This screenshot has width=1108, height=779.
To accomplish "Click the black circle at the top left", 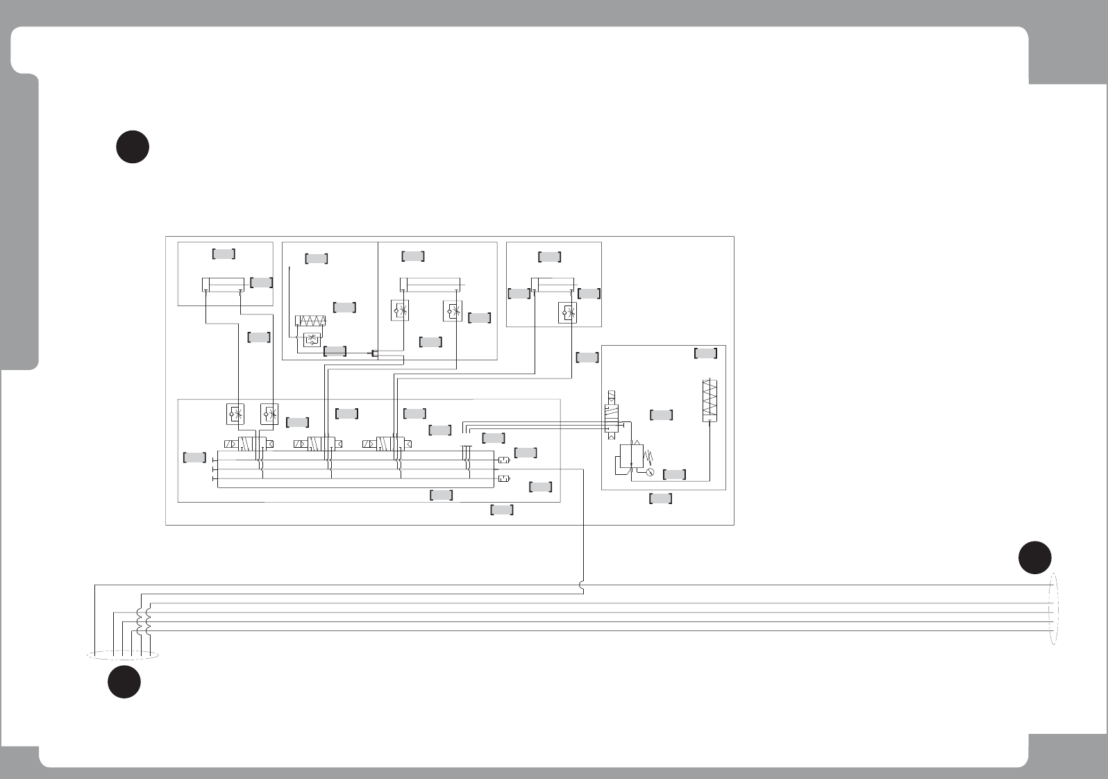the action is pyautogui.click(x=133, y=146).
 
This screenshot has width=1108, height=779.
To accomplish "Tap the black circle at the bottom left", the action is pyautogui.click(x=124, y=682).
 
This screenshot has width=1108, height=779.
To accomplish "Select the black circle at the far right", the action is pyautogui.click(x=1034, y=558).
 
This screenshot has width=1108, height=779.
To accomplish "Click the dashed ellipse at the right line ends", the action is pyautogui.click(x=1055, y=610).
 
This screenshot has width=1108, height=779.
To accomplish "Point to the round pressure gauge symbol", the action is pyautogui.click(x=649, y=473).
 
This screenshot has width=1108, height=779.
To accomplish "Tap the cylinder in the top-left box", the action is pyautogui.click(x=222, y=285).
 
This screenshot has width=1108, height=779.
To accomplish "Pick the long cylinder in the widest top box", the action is pyautogui.click(x=430, y=285).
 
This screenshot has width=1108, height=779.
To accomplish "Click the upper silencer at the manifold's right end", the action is pyautogui.click(x=504, y=460).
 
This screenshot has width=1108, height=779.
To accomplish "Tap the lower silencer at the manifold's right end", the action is pyautogui.click(x=504, y=478).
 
